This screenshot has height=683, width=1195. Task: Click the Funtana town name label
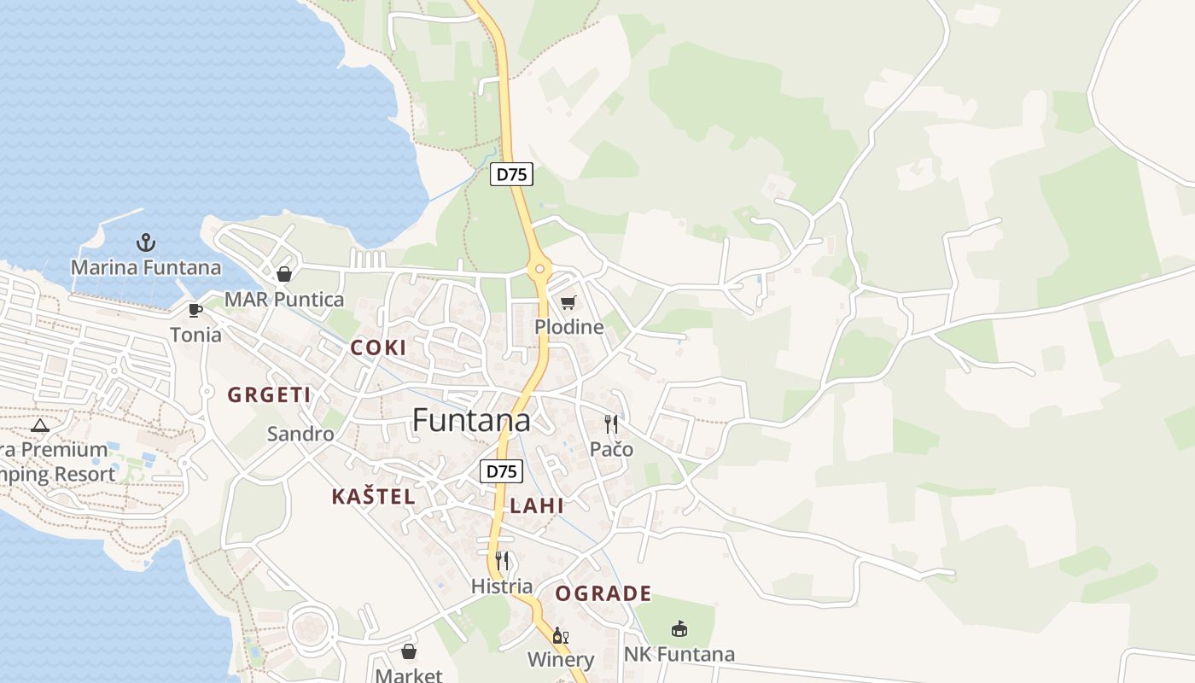(471, 420)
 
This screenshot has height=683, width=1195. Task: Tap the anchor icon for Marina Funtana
(146, 242)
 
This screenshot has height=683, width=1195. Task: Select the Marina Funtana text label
(146, 268)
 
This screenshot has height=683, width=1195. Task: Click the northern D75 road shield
(512, 174)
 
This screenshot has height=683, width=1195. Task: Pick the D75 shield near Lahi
(501, 471)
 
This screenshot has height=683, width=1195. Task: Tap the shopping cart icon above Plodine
(568, 302)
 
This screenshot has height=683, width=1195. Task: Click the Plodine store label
(568, 327)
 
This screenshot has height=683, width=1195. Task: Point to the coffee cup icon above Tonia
(195, 310)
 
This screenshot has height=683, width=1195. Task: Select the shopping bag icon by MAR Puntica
(284, 274)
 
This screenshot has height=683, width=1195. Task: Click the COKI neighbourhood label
(378, 348)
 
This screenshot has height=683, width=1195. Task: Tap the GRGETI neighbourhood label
(269, 394)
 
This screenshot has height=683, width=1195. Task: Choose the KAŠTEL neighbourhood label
(374, 497)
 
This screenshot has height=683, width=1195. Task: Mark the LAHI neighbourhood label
(537, 505)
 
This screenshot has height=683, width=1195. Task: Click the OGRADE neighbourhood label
(603, 593)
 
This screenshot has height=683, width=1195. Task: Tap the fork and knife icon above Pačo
(611, 424)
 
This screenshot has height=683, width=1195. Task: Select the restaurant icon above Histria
(502, 561)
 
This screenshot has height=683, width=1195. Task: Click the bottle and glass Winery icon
(561, 635)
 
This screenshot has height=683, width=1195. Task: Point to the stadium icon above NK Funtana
(679, 629)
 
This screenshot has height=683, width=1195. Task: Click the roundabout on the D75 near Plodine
(539, 270)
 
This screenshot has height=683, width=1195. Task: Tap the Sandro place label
(300, 434)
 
